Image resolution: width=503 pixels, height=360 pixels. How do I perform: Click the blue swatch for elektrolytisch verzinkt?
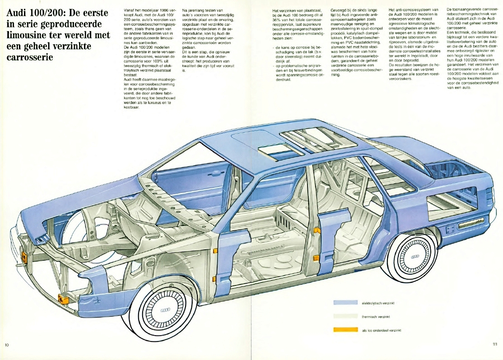(345, 302)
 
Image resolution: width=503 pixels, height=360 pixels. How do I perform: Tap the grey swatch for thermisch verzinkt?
(345, 316)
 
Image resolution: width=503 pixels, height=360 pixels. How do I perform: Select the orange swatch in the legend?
(345, 330)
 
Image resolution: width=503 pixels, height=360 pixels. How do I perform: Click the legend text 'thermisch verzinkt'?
(376, 317)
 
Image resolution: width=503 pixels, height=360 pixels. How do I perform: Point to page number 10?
(7, 345)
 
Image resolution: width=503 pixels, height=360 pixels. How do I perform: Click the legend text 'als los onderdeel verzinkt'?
(382, 330)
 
